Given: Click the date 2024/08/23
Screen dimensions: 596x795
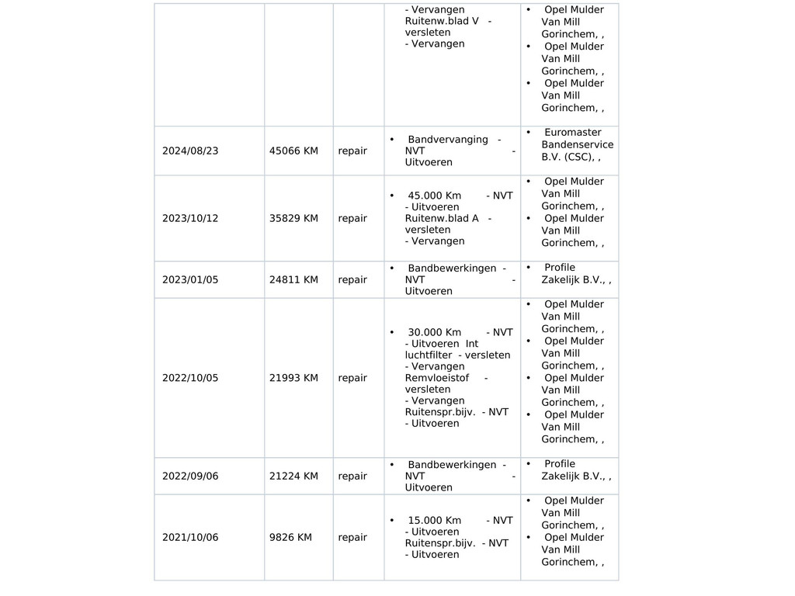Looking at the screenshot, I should coord(190,151).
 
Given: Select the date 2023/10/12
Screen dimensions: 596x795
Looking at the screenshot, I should coord(190,218).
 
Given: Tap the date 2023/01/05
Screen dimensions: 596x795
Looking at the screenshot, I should coord(190,279).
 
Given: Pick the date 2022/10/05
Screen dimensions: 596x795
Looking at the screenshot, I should coord(190,378).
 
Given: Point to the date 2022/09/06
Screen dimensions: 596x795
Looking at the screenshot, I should coord(190,476).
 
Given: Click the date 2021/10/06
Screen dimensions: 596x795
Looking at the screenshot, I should coord(190,537).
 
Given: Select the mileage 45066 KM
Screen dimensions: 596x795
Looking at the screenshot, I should coord(293,151).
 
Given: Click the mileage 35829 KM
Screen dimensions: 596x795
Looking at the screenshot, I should coord(293,218).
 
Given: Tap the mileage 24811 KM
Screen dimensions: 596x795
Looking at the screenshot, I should coord(293,279).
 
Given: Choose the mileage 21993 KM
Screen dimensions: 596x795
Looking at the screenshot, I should coord(293,378).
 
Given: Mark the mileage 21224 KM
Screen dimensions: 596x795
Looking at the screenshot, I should coord(293,476).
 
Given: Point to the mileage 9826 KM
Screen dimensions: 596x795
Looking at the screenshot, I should coord(290,537).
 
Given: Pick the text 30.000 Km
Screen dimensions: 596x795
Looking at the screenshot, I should coord(434,332).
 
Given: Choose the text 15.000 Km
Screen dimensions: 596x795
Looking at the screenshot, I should coord(434,520).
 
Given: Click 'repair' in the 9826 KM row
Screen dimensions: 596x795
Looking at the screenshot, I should coord(352,537).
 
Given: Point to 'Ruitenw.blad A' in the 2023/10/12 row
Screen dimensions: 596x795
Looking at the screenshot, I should coord(442,218).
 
